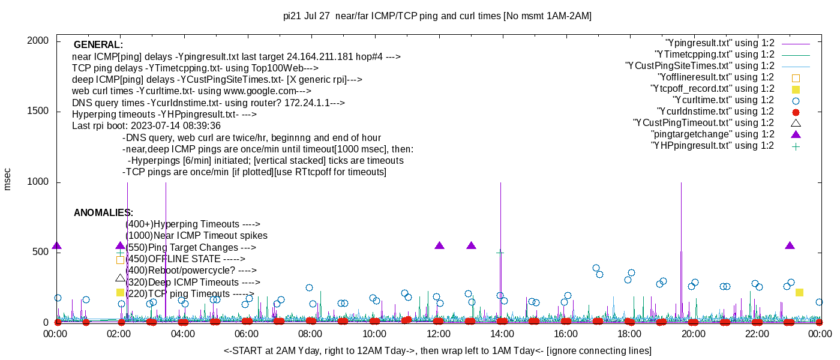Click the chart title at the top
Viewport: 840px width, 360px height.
pos(437,16)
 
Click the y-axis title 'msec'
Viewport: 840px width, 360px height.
pos(8,179)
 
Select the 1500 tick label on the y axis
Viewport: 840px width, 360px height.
pos(38,112)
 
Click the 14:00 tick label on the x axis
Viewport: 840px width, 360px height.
pos(502,334)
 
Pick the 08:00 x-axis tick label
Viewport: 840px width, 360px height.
pos(311,334)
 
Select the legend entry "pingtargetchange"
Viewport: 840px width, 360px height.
pos(714,134)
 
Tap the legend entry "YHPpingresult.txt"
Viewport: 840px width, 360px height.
pos(713,146)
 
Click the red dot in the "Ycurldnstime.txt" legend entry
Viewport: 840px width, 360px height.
pos(796,112)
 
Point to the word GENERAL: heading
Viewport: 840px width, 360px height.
pos(98,45)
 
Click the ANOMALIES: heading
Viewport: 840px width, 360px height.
pos(103,213)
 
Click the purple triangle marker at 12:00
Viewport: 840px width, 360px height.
pos(439,245)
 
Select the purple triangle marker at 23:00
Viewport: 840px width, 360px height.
pos(790,245)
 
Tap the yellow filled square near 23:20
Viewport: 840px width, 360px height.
pos(799,292)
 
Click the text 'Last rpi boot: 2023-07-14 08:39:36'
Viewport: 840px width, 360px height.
pos(146,126)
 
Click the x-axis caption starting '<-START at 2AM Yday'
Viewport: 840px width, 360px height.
pos(437,350)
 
